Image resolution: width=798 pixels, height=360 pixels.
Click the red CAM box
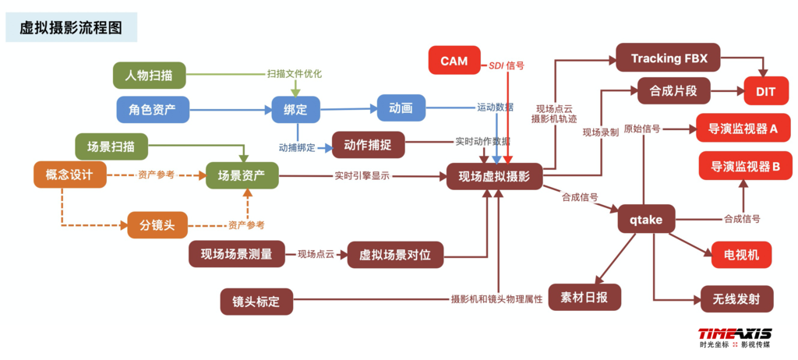454,61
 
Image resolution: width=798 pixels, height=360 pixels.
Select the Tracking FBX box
668,58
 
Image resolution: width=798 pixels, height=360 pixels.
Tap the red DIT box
765,91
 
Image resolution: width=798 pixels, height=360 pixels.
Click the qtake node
646,220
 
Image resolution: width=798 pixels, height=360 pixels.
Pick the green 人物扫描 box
149,76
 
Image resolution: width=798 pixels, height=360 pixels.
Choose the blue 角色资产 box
153,109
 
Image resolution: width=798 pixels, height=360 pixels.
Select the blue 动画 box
401,108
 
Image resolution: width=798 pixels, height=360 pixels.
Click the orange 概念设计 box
69,175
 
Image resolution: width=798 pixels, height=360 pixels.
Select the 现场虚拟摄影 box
494,177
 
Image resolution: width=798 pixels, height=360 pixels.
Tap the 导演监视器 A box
743,128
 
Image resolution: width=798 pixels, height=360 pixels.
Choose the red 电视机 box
741,254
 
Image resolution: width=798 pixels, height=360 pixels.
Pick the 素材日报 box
584,297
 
